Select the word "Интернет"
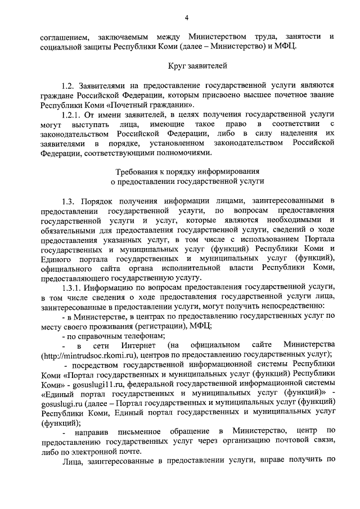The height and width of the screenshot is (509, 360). [x=136, y=344]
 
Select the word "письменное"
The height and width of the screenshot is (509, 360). [x=136, y=431]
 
